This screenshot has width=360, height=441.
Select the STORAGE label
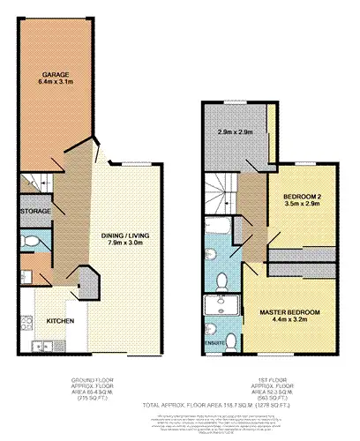[x=34, y=212]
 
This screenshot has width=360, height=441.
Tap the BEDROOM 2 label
[x=302, y=195]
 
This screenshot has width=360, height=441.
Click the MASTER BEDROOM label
[x=289, y=313]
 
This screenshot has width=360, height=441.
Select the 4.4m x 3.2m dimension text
[x=289, y=323]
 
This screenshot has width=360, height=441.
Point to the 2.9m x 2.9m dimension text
[x=236, y=132]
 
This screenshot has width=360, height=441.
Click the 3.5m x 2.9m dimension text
[x=302, y=204]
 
